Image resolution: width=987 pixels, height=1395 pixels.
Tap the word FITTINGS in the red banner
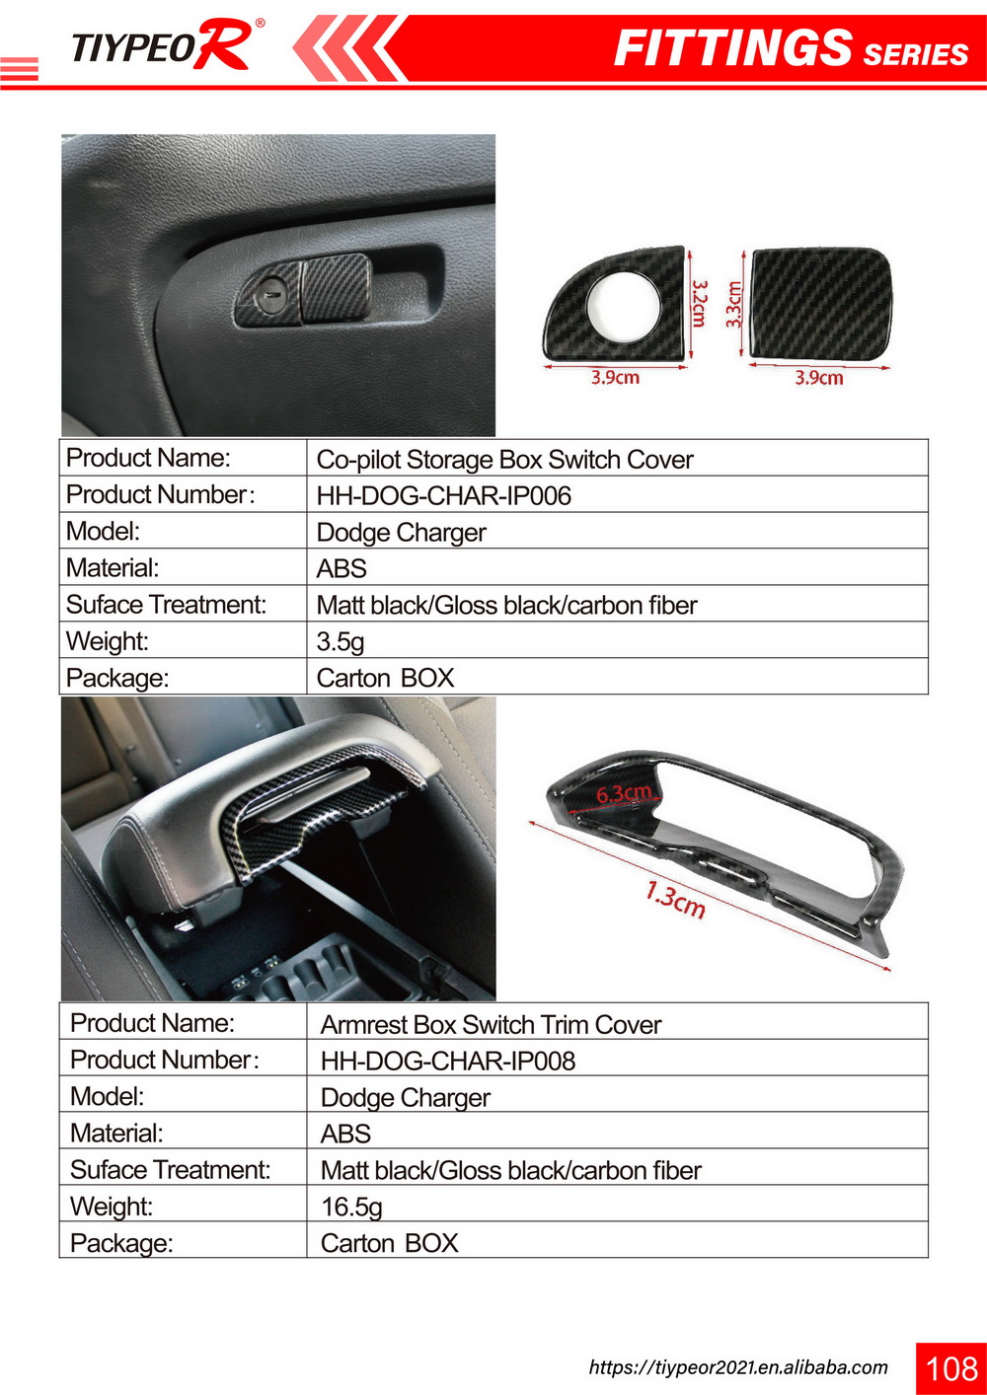732,48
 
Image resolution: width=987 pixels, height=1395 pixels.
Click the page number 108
951,1368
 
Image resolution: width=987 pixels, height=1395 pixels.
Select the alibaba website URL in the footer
738,1367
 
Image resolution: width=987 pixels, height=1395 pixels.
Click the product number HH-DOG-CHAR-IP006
443,495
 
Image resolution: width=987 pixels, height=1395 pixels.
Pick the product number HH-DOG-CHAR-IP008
447,1061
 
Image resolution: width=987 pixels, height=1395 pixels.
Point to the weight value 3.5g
340,641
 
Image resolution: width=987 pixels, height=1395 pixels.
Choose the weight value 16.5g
351,1207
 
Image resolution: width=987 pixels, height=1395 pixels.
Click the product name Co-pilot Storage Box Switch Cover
504,460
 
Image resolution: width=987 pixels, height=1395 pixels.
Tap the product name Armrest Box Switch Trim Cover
491,1025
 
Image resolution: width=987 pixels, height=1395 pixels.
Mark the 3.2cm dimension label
699,303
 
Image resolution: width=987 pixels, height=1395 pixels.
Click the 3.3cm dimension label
733,304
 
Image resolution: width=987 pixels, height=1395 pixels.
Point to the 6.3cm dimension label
624,793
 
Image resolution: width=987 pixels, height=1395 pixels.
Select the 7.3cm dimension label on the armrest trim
675,900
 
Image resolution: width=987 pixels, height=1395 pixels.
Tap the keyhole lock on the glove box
273,293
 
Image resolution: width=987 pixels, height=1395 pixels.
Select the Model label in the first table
103,532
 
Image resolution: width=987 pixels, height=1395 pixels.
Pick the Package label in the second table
121,1243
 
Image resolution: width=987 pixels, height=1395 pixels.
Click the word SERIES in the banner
915,54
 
